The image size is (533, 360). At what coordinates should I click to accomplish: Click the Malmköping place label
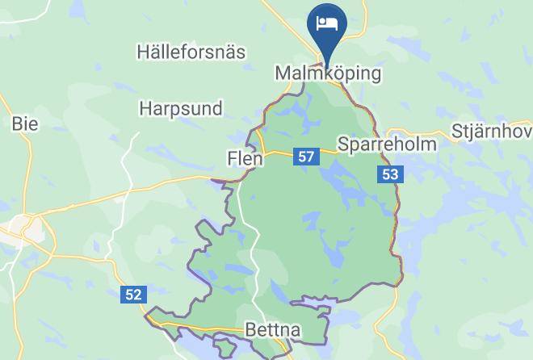328,73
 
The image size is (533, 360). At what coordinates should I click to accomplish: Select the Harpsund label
181,107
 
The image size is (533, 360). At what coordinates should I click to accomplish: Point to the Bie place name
24,123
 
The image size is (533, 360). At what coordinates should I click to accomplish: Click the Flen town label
245,159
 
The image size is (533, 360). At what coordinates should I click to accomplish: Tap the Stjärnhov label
491,131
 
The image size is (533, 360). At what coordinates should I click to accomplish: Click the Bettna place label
272,330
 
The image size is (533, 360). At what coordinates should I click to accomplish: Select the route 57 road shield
305,157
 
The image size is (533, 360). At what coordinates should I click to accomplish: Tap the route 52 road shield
134,295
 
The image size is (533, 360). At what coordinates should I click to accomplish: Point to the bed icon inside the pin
327,22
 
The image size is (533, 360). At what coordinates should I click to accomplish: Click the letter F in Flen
233,159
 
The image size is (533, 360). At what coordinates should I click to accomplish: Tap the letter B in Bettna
250,330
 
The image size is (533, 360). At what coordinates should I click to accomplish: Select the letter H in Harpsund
145,107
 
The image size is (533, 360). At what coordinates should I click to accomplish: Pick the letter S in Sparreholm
343,144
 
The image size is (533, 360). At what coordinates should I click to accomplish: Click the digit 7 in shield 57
309,157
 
